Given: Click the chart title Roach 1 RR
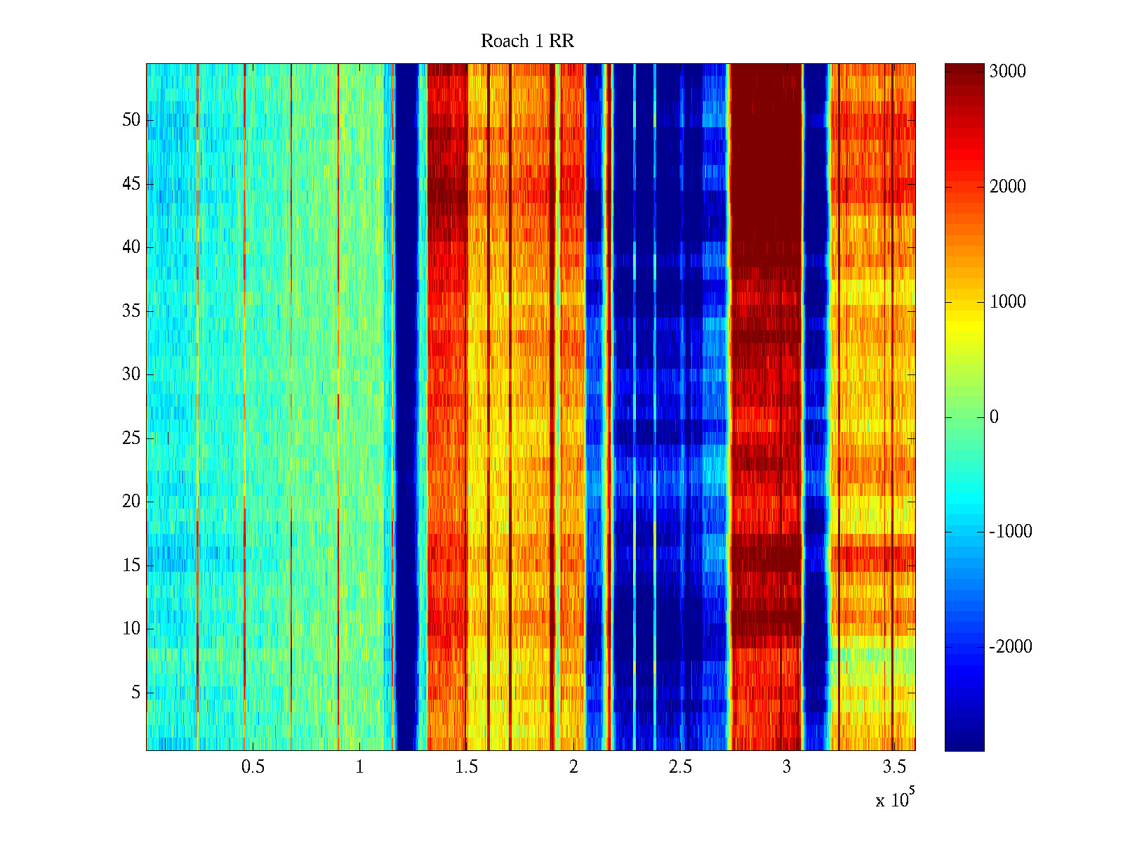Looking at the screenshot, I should tap(527, 41).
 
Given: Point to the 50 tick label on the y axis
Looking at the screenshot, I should tap(131, 120).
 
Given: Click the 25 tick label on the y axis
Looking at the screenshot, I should tap(131, 438).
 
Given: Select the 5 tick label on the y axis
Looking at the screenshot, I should tap(135, 693).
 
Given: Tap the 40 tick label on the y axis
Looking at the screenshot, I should tap(131, 247).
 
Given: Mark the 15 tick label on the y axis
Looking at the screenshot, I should tap(131, 566).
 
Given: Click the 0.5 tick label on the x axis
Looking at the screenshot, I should tap(253, 767).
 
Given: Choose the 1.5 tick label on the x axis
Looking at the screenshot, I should tap(466, 767).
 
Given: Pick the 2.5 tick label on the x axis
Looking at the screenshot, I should tap(679, 767).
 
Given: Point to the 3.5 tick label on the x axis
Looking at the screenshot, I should tap(893, 767).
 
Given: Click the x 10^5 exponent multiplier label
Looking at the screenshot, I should tap(894, 799).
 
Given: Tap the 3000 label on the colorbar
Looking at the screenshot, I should tap(1008, 72).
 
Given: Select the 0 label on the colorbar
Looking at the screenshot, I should tap(994, 417).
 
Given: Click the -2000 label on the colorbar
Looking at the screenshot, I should tap(1011, 647).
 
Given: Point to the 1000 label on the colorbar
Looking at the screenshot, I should tap(1008, 302).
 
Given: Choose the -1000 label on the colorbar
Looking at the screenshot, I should tap(1011, 532).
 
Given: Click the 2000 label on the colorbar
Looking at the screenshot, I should tap(1008, 187).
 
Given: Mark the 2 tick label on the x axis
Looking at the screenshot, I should tap(573, 767).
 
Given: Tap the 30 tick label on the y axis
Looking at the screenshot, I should tap(131, 374).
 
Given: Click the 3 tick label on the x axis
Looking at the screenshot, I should tap(787, 767).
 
